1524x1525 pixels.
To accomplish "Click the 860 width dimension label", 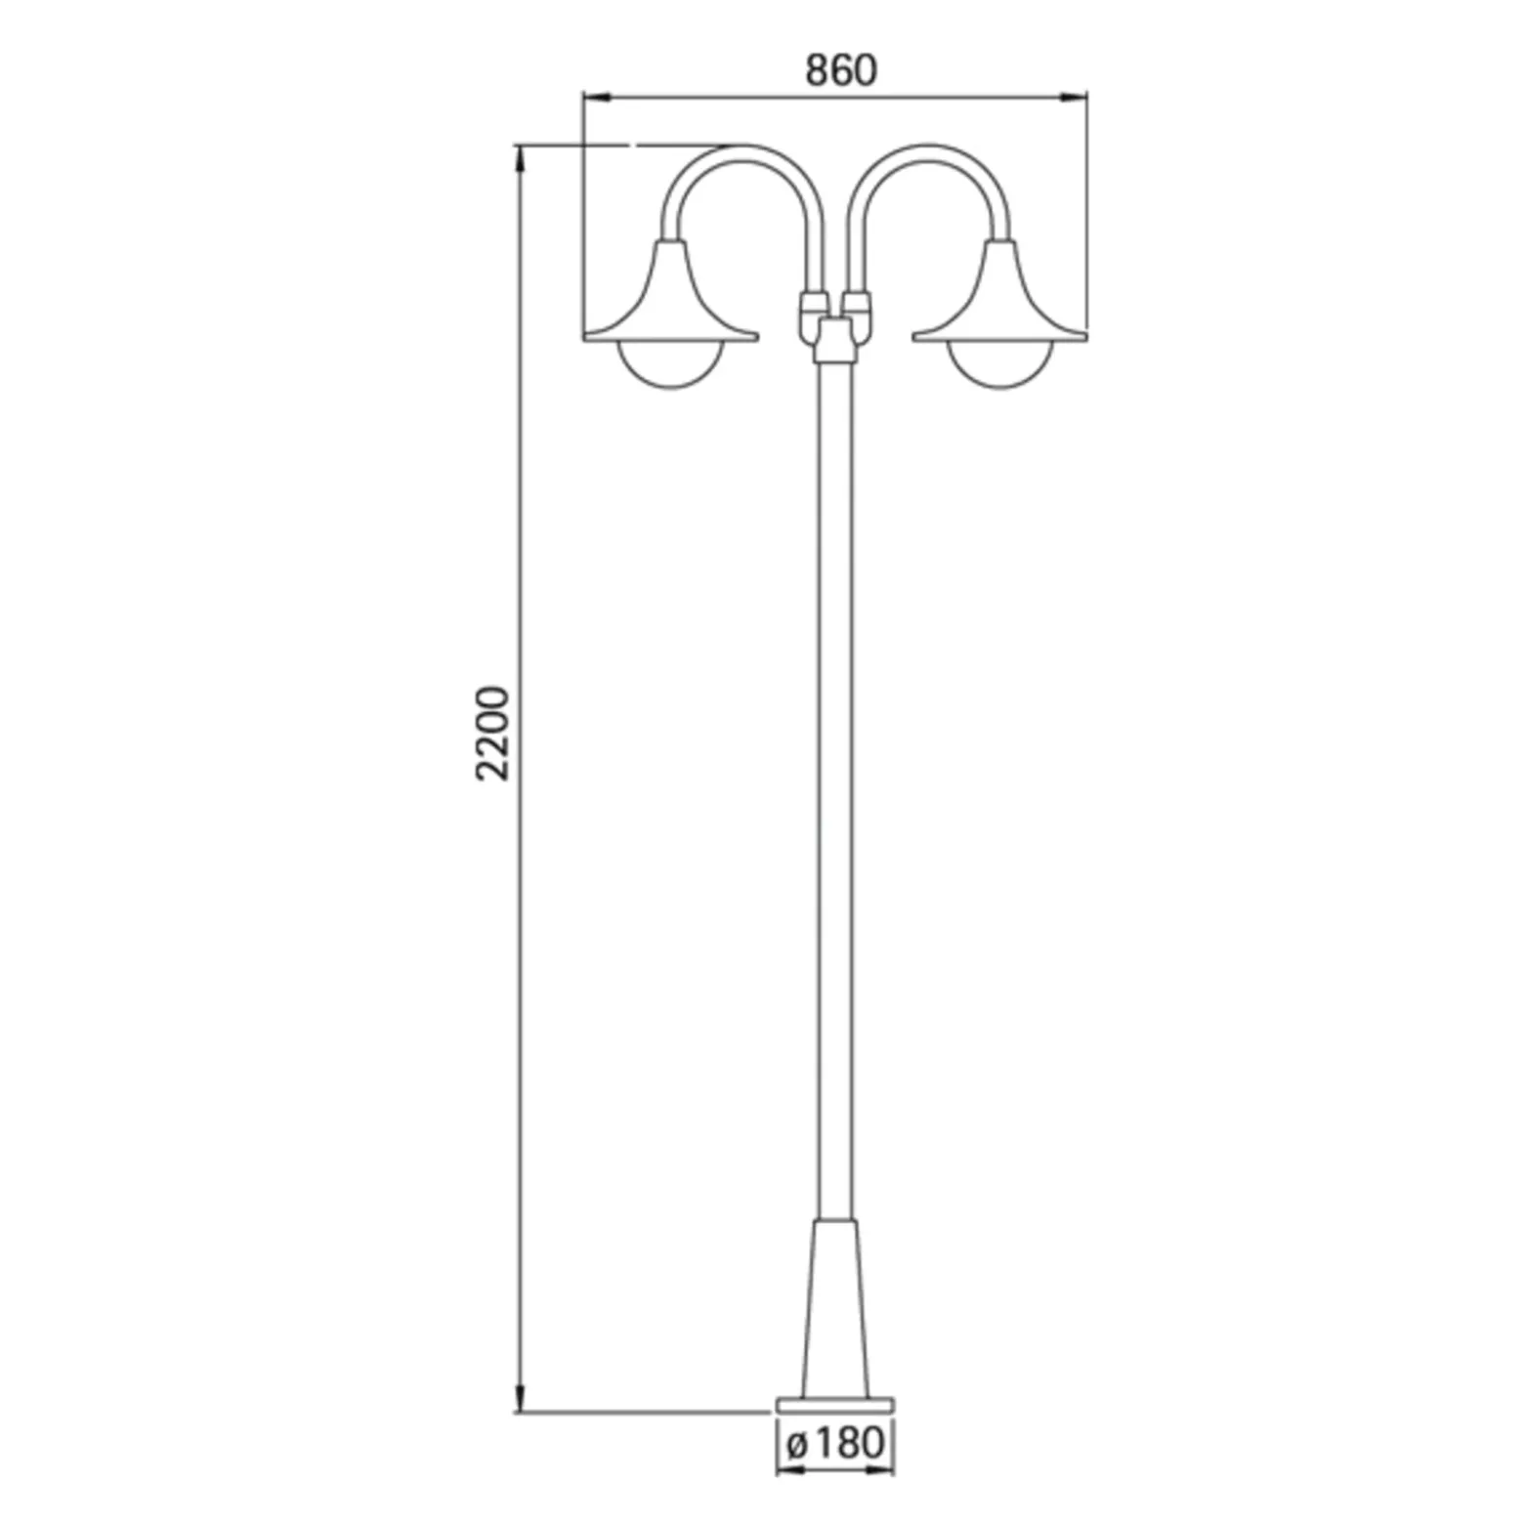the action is [x=841, y=70].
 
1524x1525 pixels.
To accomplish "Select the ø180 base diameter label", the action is [x=835, y=1442].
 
